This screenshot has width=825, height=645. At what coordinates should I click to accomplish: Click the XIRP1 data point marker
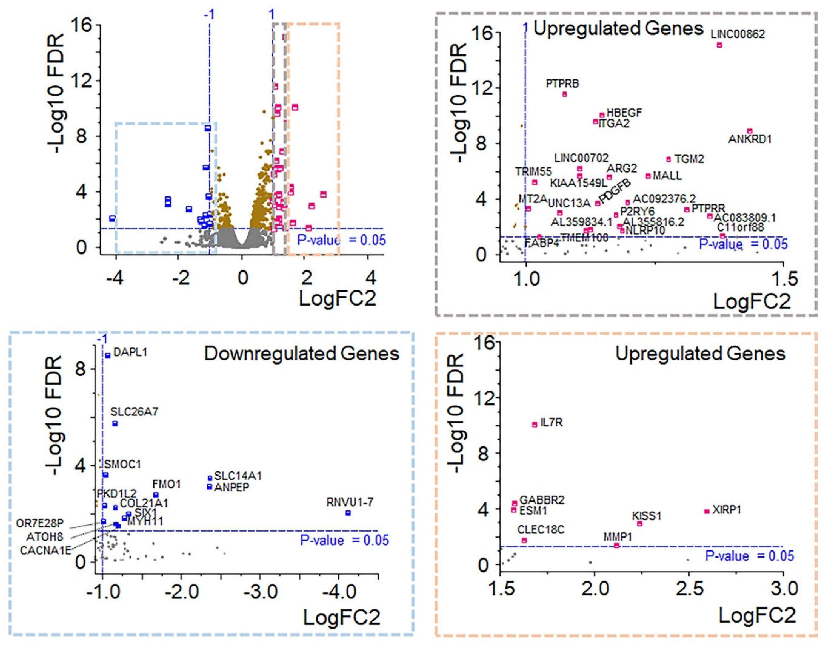pyautogui.click(x=706, y=511)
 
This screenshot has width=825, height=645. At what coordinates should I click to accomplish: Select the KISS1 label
pyautogui.click(x=647, y=516)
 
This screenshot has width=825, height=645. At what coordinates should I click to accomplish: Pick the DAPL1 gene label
pyautogui.click(x=130, y=353)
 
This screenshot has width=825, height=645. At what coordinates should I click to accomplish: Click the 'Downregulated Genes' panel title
pyautogui.click(x=302, y=354)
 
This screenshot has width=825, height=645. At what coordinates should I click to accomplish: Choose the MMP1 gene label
pyautogui.click(x=618, y=537)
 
